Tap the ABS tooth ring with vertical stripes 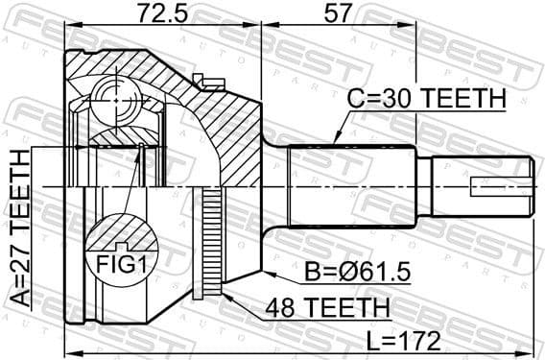click(212, 240)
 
